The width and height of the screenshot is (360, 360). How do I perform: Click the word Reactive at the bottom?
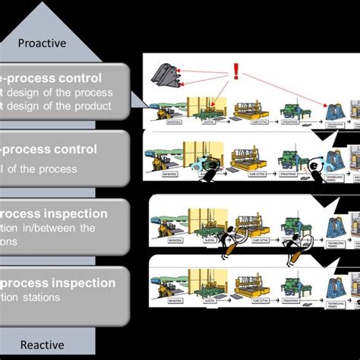click(41, 346)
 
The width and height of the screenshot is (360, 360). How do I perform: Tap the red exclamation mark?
click(235, 71)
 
